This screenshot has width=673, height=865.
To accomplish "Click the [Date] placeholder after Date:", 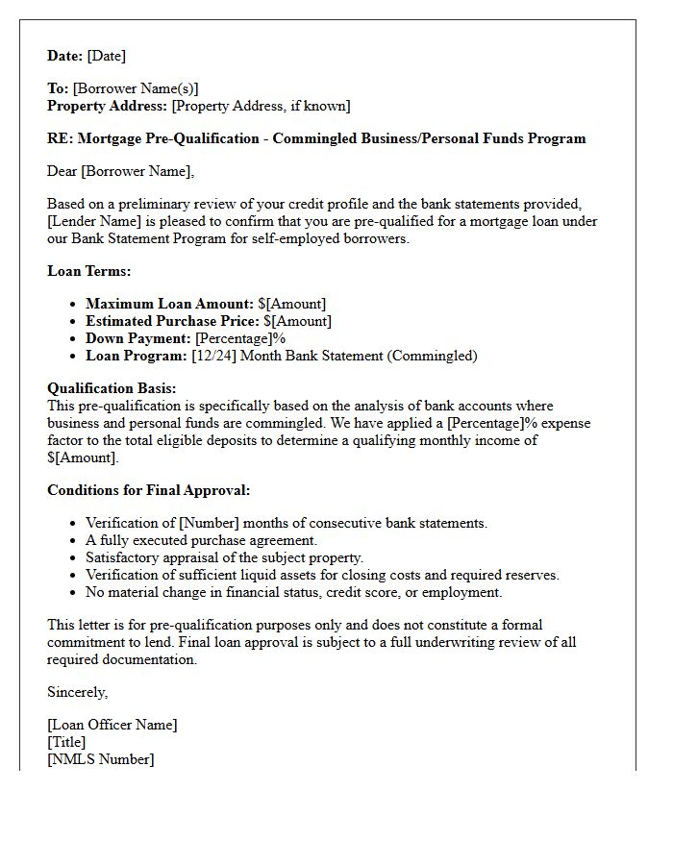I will coord(107,56).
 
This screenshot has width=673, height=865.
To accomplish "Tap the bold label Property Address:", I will coord(108,106).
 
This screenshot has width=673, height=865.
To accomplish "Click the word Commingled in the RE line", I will coord(313,138).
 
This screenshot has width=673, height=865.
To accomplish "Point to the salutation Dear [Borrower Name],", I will coord(120,171).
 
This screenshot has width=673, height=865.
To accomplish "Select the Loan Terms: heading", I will coord(89,271).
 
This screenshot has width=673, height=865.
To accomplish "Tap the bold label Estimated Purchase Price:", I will coord(173,321).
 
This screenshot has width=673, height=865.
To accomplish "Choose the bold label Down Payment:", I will coord(138,338).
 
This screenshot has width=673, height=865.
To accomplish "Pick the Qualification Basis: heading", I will coord(112,388).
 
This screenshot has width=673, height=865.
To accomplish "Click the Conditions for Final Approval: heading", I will coord(148,490).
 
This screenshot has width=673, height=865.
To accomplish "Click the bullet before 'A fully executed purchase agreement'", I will coord(74,541).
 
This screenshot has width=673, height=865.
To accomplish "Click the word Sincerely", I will coord(77,692).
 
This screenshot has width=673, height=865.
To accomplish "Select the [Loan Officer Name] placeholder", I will coord(112,725).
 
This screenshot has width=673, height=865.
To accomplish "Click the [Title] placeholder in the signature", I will coord(66,742).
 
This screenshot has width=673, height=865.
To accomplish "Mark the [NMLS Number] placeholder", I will coord(100,759).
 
